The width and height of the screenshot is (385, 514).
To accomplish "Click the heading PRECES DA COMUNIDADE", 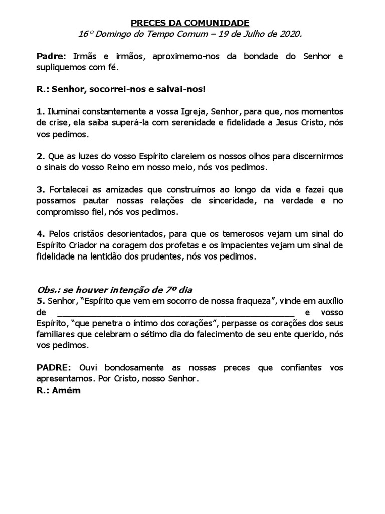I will (x=189, y=23).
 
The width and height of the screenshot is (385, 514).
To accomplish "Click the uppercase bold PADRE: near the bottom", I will (x=54, y=368).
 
